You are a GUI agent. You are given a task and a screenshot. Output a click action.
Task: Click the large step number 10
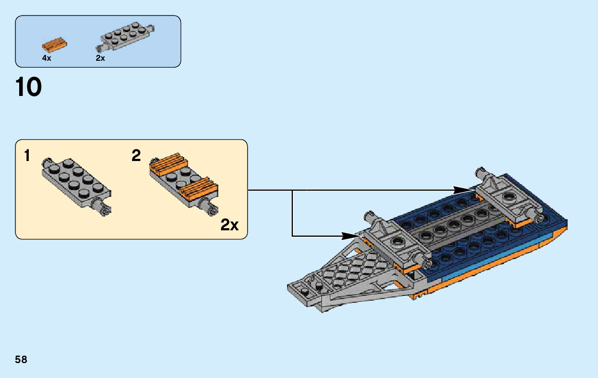point(29,87)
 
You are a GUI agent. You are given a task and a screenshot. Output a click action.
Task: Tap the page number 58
point(21,359)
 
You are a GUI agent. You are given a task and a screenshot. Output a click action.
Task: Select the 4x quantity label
point(47,58)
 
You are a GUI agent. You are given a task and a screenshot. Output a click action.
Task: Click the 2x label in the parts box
point(100,58)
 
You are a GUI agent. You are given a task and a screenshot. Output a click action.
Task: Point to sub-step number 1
point(27,156)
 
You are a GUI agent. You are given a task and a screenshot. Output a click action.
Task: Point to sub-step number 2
point(136,156)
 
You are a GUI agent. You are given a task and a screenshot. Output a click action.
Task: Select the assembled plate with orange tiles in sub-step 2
point(184,181)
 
